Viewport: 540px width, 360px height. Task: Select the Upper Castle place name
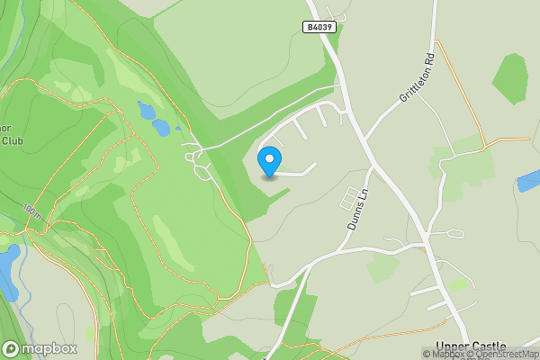coord(470,346)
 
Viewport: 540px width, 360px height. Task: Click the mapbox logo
coord(40,348)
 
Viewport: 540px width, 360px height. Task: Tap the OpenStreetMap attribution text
coord(506,354)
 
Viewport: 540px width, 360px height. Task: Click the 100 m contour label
coord(32,213)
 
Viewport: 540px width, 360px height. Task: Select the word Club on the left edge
coord(12,140)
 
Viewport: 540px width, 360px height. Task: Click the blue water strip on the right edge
coord(528,180)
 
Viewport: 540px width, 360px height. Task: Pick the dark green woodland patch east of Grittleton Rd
coord(510,77)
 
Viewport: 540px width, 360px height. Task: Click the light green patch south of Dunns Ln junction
coord(382,267)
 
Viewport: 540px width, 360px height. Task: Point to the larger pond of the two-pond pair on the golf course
coord(160,126)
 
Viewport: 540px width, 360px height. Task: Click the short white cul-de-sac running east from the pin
coord(297,171)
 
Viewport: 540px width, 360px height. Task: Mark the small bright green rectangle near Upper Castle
coord(459,284)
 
